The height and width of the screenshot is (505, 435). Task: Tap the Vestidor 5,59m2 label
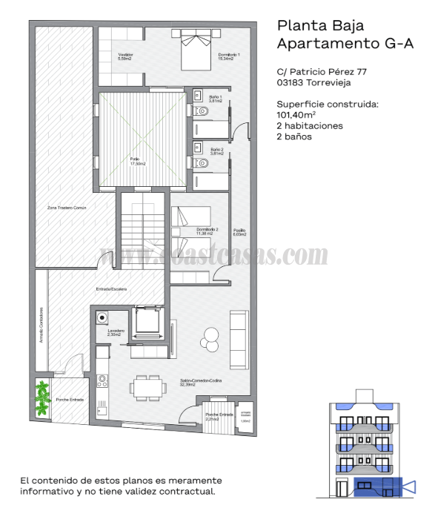tap(125, 57)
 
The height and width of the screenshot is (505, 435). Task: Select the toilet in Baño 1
tap(201, 110)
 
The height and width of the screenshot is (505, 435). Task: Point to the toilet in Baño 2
tap(201, 162)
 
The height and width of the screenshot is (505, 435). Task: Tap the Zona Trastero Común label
tap(67, 208)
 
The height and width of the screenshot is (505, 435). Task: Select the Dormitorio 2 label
tap(207, 231)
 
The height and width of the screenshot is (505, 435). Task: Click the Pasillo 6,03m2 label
tap(238, 231)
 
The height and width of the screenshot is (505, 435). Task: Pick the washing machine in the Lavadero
tap(102, 318)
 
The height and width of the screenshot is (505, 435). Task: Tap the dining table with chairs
tap(145, 386)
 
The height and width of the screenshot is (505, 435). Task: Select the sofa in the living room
tap(239, 339)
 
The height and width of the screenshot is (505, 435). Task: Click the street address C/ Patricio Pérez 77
tap(322, 72)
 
